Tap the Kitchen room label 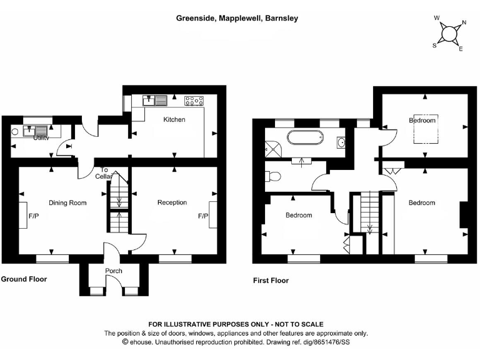(x=174, y=119)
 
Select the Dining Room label (x=67, y=202)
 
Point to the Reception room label (x=172, y=202)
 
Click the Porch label (x=114, y=271)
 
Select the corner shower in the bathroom (x=273, y=149)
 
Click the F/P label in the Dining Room (x=34, y=216)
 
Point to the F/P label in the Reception (x=202, y=216)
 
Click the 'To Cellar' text (x=104, y=173)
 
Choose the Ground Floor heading (x=24, y=279)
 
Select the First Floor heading (x=271, y=281)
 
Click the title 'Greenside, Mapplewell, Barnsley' (x=237, y=19)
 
